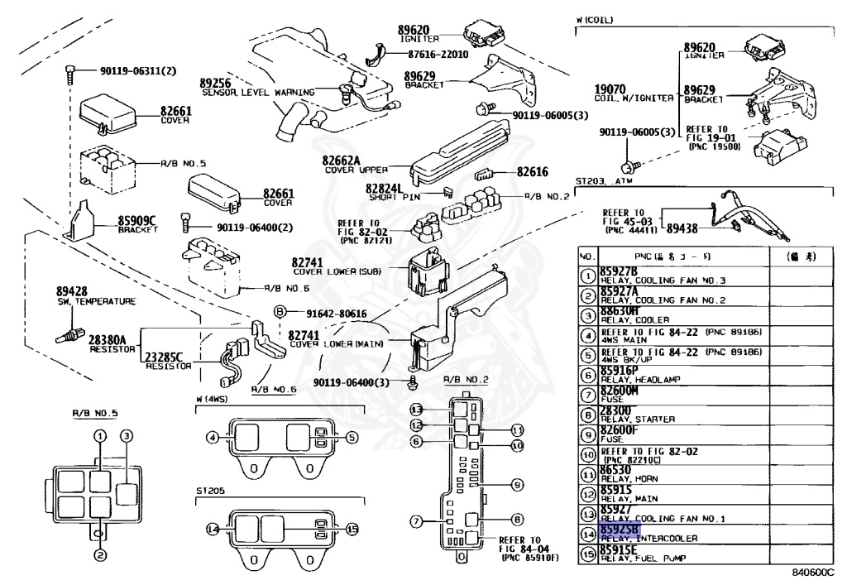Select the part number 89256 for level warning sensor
(215, 83)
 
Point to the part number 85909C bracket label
(136, 220)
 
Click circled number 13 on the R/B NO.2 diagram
(417, 410)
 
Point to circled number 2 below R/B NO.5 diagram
(98, 556)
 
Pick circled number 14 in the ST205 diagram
(213, 529)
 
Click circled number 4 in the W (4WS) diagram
(213, 437)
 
